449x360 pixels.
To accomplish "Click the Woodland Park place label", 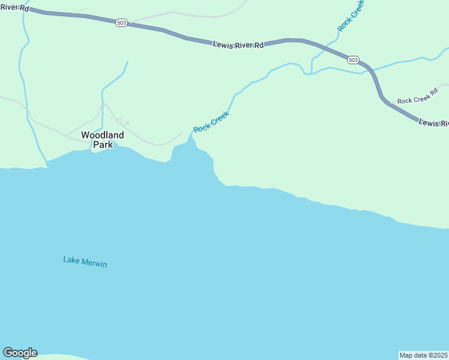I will tap(103, 140).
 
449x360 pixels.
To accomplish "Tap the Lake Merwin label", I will tap(85, 262).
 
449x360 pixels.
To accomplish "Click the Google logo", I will tap(20, 353).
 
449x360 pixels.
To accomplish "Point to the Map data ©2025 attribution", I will tap(424, 355).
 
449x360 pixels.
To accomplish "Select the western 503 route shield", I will tap(122, 22).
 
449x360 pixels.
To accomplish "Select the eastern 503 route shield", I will tap(353, 59).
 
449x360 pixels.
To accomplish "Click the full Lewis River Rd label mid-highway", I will tap(238, 44).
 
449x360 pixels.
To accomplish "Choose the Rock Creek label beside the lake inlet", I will tap(211, 122).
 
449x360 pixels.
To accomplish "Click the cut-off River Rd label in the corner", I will tap(14, 7).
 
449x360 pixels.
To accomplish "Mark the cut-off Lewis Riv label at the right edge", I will tap(433, 123).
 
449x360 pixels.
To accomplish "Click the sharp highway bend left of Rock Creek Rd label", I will tap(382, 98).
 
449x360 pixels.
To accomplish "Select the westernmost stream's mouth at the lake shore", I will tap(46, 163).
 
